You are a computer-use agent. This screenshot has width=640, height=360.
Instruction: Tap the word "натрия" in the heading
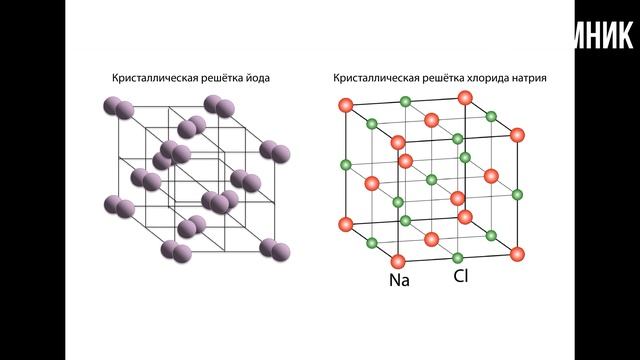click(529, 78)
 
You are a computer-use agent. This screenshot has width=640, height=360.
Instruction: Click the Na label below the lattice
click(399, 280)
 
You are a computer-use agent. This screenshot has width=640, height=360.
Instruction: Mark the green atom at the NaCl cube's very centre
click(431, 179)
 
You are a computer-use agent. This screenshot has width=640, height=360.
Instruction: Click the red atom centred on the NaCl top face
click(431, 119)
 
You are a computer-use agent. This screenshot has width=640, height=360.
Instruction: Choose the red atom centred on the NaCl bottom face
click(431, 238)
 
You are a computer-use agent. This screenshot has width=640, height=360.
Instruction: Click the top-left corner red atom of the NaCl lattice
click(346, 104)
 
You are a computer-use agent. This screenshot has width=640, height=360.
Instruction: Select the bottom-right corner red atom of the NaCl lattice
click(517, 254)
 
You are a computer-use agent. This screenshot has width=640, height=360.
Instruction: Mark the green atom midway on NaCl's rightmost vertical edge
click(518, 193)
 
